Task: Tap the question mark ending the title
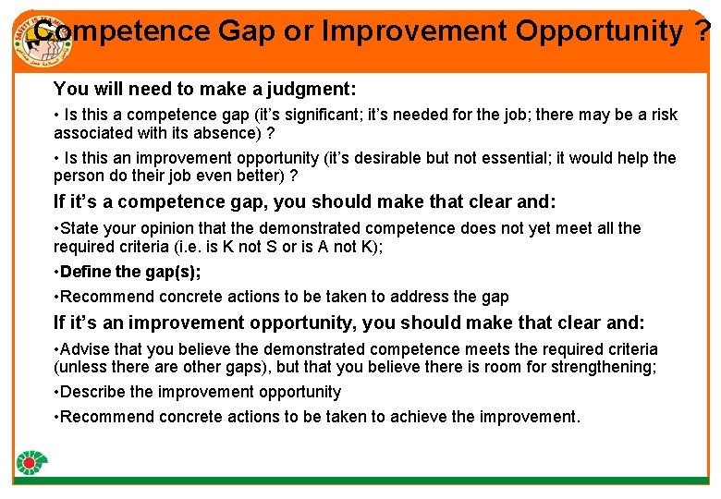[704, 31]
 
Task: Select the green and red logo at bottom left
[32, 464]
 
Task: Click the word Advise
[86, 349]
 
